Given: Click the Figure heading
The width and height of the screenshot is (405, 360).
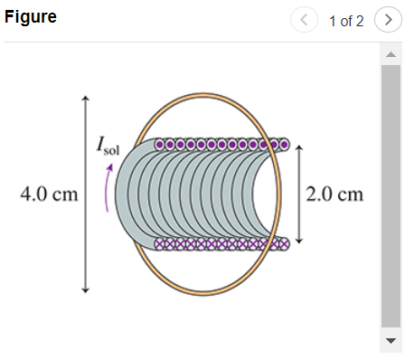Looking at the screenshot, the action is pos(31,18).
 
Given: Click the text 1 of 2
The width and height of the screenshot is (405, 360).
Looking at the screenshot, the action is pos(346,21).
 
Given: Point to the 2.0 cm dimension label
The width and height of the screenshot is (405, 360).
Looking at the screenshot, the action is pos(334,194).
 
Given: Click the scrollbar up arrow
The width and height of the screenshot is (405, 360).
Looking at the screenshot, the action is pos(391,54).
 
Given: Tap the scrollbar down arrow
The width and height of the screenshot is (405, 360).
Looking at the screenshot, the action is pos(391,341).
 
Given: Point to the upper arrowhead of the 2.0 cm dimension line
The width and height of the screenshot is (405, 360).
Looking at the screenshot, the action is pos(298,145).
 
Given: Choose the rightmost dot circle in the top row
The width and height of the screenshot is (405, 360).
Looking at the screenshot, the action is pos(284,144).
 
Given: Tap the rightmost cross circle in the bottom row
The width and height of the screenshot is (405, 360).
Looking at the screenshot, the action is pos(283,242).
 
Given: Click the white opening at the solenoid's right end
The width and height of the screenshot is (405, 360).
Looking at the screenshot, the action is pos(265,193).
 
